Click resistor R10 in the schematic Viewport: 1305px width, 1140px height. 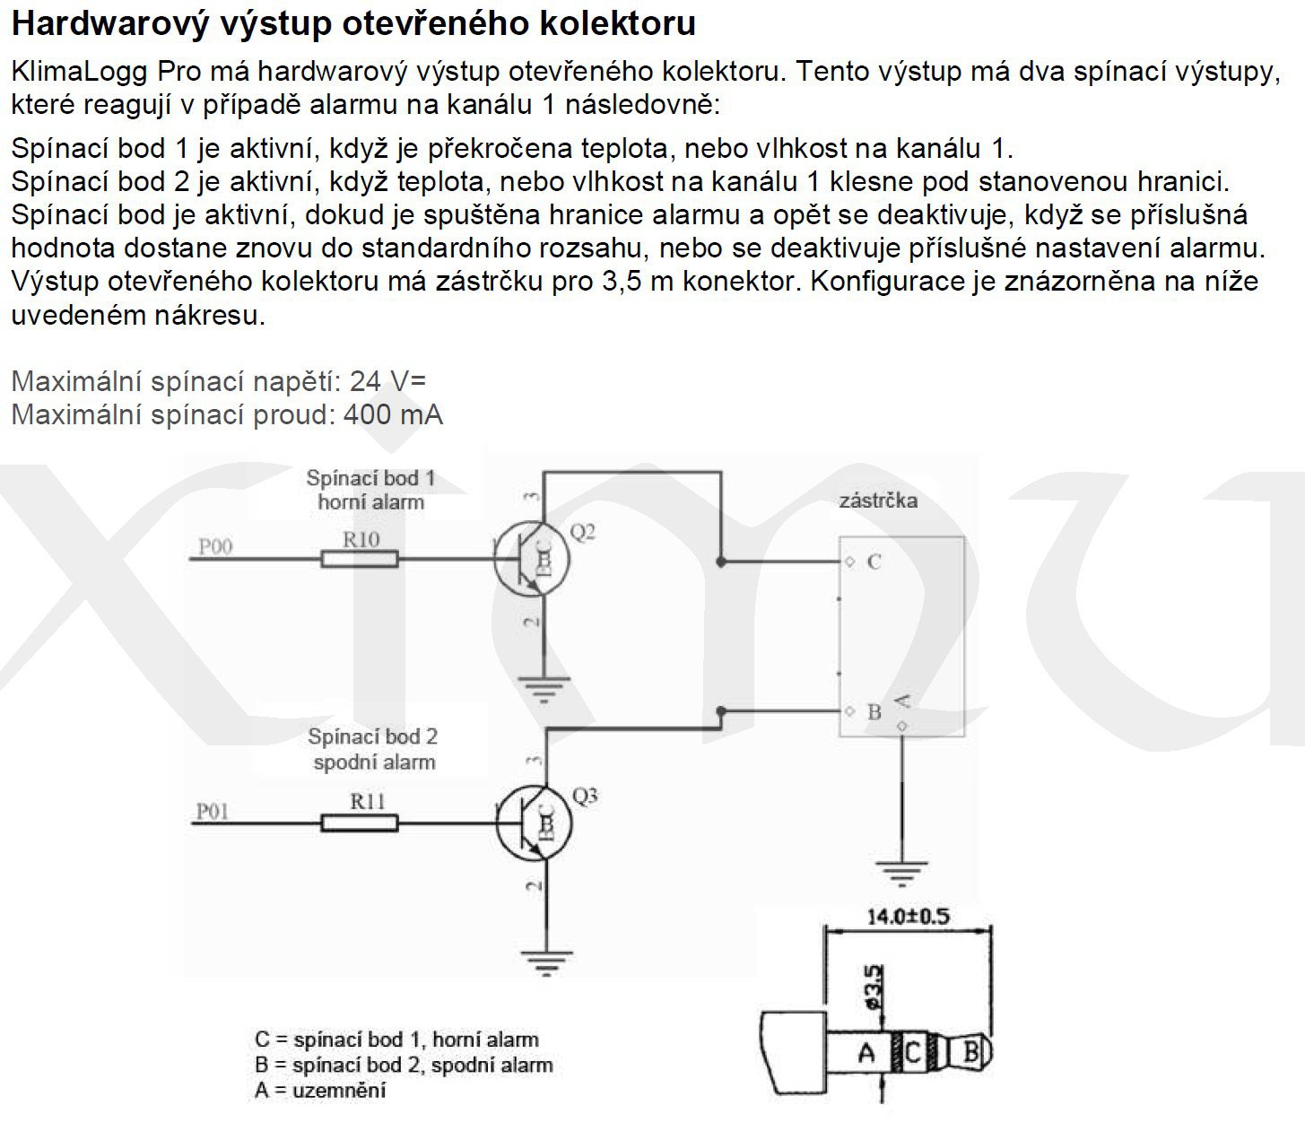click(359, 559)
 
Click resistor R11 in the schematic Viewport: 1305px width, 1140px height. click(359, 822)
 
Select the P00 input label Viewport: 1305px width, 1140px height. click(215, 545)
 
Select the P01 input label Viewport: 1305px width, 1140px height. click(213, 811)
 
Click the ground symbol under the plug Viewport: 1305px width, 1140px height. click(900, 870)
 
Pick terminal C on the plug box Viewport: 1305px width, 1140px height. click(873, 562)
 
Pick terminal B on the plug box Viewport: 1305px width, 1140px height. click(874, 713)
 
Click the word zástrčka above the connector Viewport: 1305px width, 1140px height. click(878, 500)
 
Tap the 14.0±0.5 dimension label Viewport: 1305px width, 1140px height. click(908, 916)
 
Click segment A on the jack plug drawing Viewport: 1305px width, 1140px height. click(866, 1051)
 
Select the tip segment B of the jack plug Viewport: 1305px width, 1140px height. click(970, 1051)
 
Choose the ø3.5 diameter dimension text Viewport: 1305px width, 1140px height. click(874, 987)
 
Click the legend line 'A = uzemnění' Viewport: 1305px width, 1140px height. click(320, 1091)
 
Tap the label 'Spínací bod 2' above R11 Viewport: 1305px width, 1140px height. click(372, 736)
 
